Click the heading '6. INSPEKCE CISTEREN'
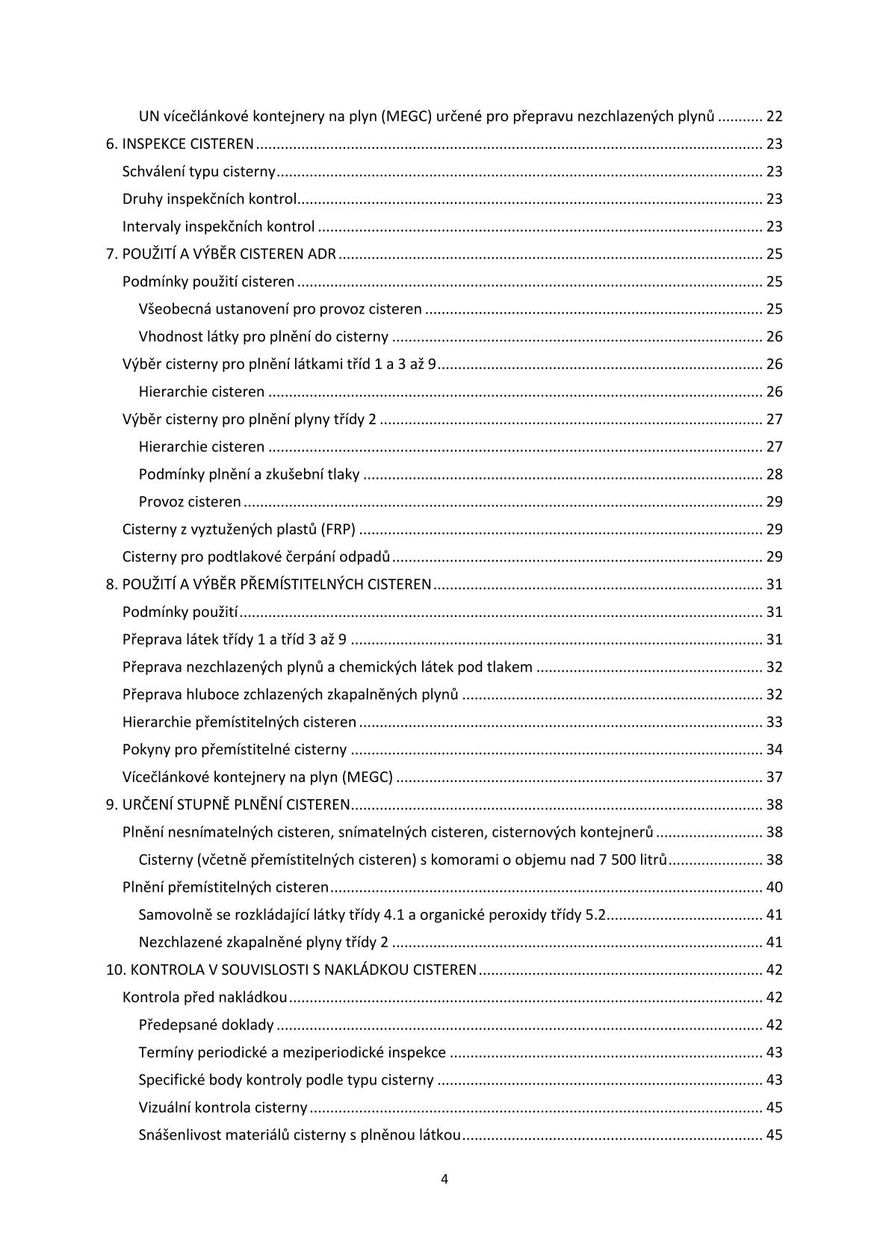179,144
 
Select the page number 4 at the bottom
444,1179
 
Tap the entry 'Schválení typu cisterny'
199,172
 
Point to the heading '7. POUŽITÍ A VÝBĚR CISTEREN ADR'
221,254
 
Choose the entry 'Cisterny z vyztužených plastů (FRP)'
238,530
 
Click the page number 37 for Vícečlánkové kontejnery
774,778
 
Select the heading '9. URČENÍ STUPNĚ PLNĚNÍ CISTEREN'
228,805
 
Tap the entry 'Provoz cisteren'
190,502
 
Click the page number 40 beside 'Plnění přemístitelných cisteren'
774,887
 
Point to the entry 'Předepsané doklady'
206,1025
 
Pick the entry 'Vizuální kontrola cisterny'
223,1108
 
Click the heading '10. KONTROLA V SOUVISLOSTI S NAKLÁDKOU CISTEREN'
291,970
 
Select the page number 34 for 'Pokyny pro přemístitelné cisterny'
774,750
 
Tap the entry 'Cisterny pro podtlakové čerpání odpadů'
256,557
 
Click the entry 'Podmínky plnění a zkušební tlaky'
249,474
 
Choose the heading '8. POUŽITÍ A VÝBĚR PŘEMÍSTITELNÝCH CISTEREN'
268,585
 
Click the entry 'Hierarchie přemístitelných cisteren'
239,722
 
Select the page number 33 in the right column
774,722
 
